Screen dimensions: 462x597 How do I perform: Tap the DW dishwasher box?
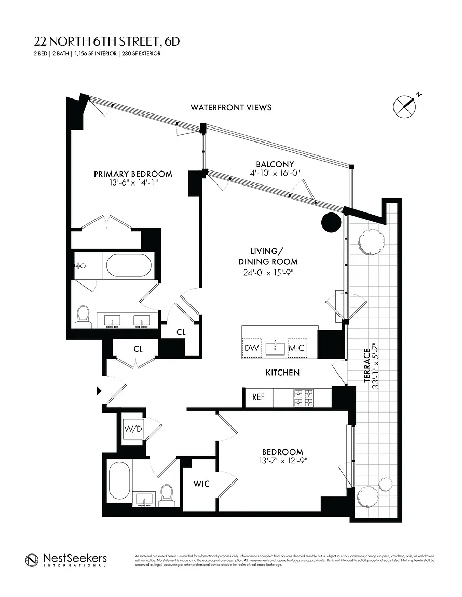252,348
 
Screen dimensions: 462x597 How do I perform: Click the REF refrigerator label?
259,397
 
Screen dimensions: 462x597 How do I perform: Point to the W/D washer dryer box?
132,429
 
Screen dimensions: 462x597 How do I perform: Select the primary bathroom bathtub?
129,266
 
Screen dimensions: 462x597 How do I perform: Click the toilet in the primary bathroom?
83,316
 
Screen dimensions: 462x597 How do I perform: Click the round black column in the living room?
331,223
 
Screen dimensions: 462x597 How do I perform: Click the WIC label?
201,484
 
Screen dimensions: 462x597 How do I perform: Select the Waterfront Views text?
230,108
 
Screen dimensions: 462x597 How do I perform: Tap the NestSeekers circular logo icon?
32,560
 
